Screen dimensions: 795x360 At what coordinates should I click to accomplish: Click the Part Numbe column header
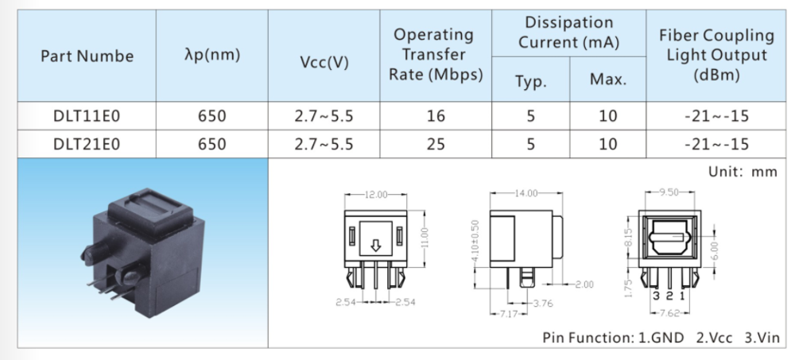pyautogui.click(x=87, y=56)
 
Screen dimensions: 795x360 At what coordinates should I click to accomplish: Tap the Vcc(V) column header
pyautogui.click(x=324, y=62)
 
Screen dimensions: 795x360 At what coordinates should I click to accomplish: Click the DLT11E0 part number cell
pyautogui.click(x=87, y=116)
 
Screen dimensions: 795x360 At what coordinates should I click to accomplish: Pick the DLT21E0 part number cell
pyautogui.click(x=87, y=145)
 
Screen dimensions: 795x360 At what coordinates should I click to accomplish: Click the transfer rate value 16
pyautogui.click(x=436, y=116)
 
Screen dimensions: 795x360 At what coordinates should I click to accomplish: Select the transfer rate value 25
pyautogui.click(x=436, y=145)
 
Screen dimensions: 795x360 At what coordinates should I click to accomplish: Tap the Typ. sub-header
pyautogui.click(x=531, y=80)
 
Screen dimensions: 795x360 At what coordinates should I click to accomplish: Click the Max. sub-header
pyautogui.click(x=608, y=79)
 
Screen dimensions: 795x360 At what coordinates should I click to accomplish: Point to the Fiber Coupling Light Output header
pyautogui.click(x=716, y=56)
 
